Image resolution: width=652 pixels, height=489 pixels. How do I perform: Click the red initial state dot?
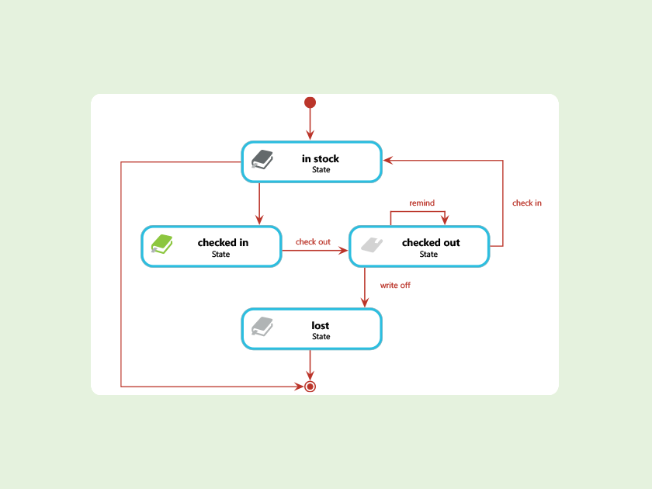point(310,102)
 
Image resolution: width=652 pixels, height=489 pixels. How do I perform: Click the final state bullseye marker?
point(310,386)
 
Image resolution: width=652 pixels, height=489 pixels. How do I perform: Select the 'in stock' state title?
point(321,159)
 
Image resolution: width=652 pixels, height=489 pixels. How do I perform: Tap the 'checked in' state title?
point(223,243)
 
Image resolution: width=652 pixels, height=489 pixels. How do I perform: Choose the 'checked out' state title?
point(431,243)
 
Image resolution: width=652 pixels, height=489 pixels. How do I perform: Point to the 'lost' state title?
point(321,326)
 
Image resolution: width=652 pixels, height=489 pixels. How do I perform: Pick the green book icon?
point(161,244)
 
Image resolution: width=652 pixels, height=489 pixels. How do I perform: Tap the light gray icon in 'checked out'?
point(370,244)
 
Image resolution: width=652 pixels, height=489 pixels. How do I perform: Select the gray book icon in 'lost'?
point(262,327)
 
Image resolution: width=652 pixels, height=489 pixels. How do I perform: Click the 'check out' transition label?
point(313,242)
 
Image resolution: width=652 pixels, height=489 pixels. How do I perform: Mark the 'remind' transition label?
point(421,203)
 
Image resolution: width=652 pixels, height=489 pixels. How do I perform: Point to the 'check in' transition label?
point(527,203)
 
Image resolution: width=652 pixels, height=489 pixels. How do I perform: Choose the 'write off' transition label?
point(395,286)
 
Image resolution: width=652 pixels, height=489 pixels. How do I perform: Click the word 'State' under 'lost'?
point(321,337)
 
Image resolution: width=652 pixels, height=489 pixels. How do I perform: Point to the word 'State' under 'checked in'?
point(220,254)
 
